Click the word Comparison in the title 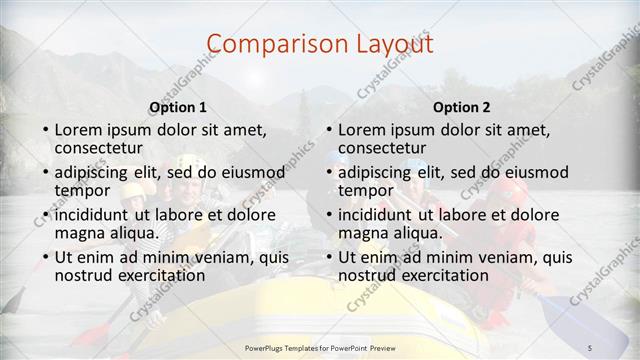point(269,44)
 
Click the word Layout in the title point(389,44)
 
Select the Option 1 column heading point(178,106)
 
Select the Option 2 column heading point(462,106)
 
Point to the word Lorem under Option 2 point(361,130)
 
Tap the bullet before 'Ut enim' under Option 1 point(46,257)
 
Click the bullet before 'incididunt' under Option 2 point(330,215)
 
